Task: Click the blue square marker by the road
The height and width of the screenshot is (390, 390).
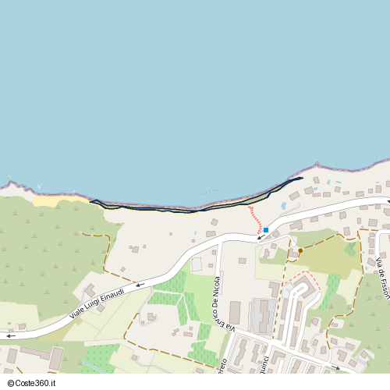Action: (266, 230)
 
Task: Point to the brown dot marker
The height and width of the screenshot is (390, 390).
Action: (300, 250)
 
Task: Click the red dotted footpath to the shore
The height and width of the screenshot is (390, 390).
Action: (255, 219)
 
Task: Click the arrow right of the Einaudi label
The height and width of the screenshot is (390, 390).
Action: (140, 285)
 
